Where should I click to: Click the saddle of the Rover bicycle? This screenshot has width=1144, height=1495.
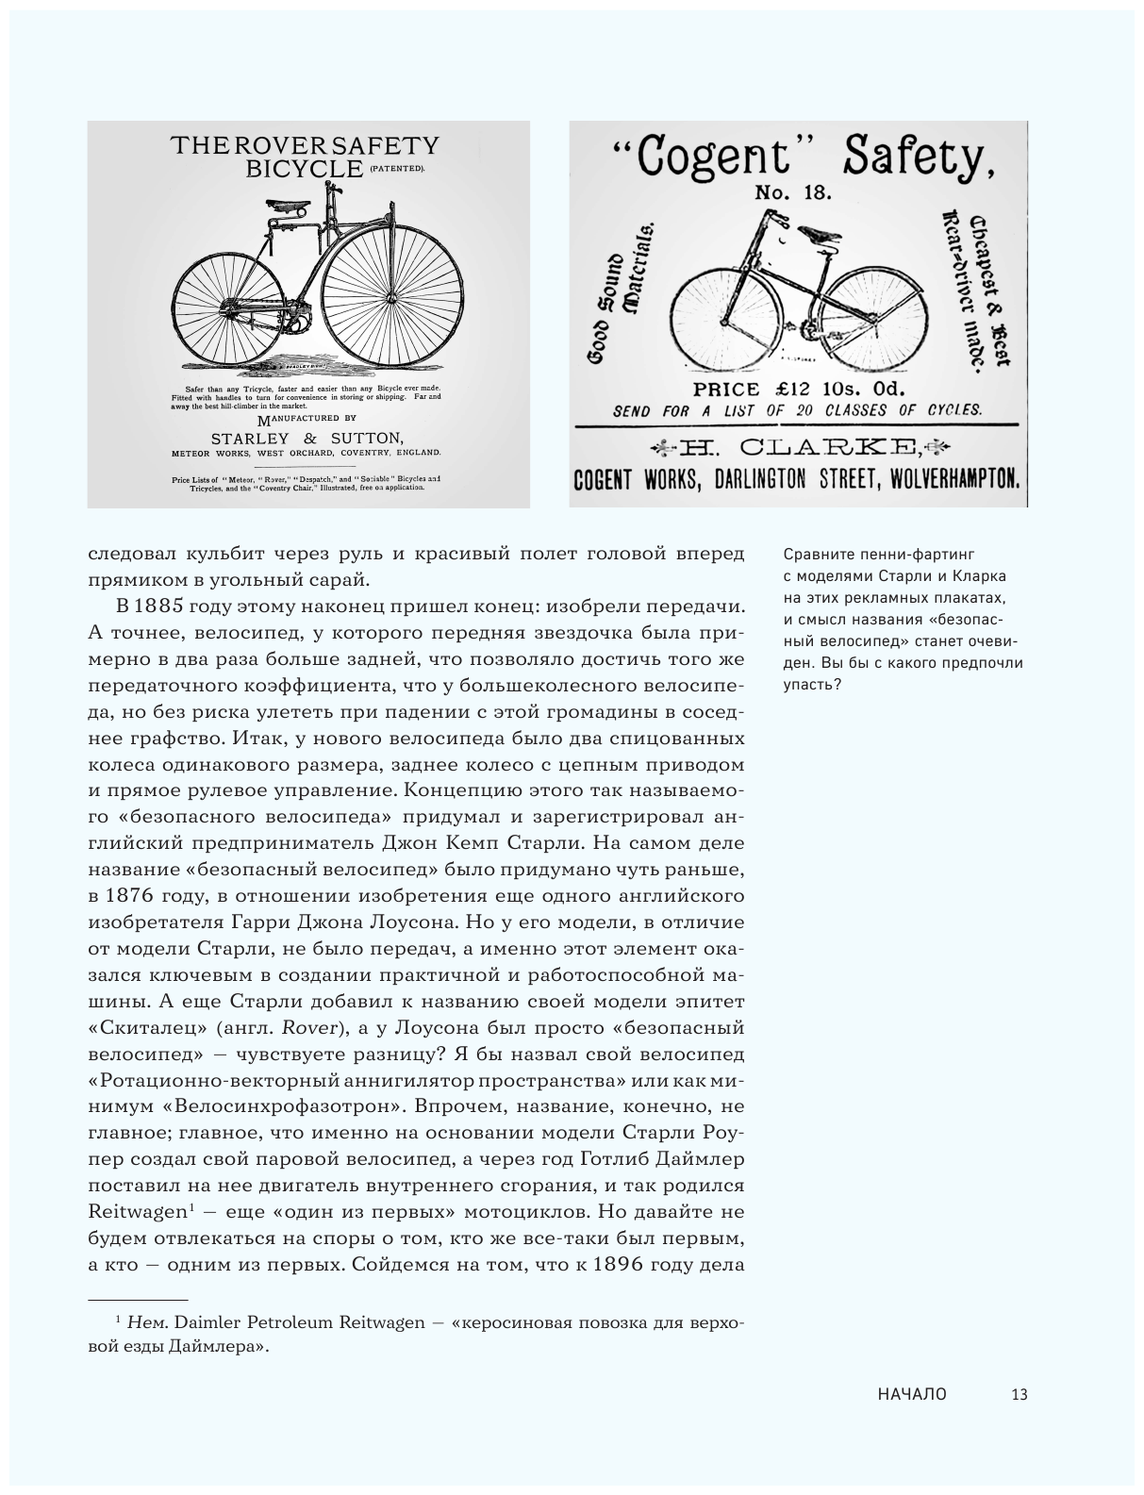(x=282, y=205)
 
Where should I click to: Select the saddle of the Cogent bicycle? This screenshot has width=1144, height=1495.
(x=817, y=232)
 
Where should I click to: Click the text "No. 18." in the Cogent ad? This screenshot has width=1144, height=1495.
(x=792, y=193)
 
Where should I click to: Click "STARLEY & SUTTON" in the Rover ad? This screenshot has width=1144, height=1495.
(x=307, y=438)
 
